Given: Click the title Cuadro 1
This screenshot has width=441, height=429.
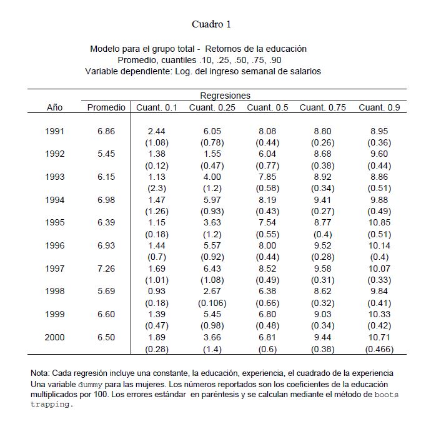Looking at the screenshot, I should click(211, 24).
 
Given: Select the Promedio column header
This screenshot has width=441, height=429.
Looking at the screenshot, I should click(106, 107).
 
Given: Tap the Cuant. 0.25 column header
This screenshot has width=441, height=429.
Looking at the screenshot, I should click(211, 107).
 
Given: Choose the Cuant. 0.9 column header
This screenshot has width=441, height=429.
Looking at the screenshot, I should click(379, 107).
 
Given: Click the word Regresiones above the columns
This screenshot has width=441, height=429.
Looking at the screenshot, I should click(225, 96).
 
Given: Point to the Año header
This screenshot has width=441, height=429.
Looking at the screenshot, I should click(55, 107).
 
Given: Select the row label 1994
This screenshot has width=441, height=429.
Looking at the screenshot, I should click(55, 200).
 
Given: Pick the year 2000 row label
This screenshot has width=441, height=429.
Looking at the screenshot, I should click(55, 337).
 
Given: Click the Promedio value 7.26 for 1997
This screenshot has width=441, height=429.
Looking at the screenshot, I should click(106, 269).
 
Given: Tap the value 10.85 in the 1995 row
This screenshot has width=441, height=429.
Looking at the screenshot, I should click(379, 223).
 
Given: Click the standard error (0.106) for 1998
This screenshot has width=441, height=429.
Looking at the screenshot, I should click(211, 303).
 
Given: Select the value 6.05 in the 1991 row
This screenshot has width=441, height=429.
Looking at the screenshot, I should click(211, 131).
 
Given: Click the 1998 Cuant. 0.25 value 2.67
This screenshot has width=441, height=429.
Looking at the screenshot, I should click(211, 292).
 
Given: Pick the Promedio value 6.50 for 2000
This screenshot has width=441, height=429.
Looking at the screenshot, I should click(106, 337).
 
